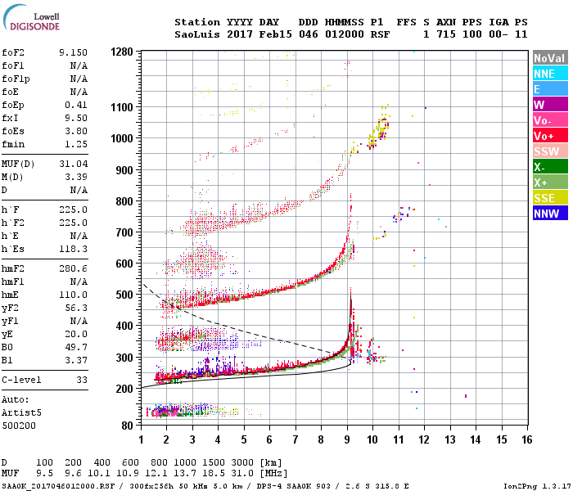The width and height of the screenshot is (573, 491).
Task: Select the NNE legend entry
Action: (x=549, y=74)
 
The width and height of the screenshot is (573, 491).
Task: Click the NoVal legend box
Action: (x=549, y=59)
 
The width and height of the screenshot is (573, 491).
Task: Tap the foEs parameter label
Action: (x=12, y=130)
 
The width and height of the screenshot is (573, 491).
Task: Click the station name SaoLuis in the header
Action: (x=194, y=34)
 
